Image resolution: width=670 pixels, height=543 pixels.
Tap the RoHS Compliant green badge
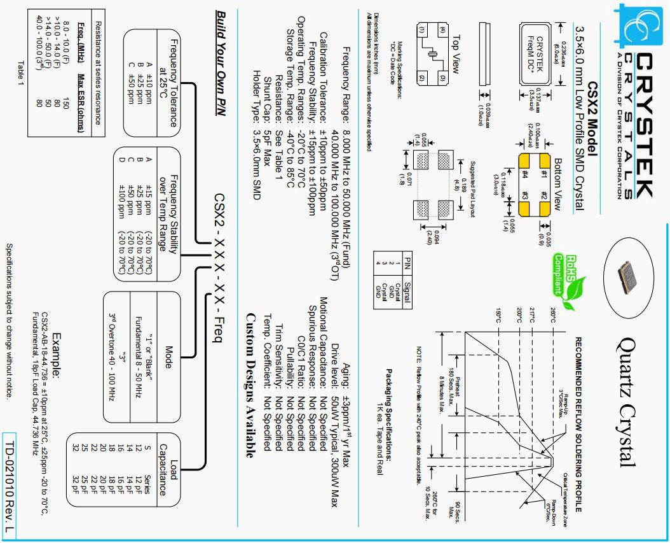(562, 275)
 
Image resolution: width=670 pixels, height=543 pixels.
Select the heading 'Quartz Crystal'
(626, 402)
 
